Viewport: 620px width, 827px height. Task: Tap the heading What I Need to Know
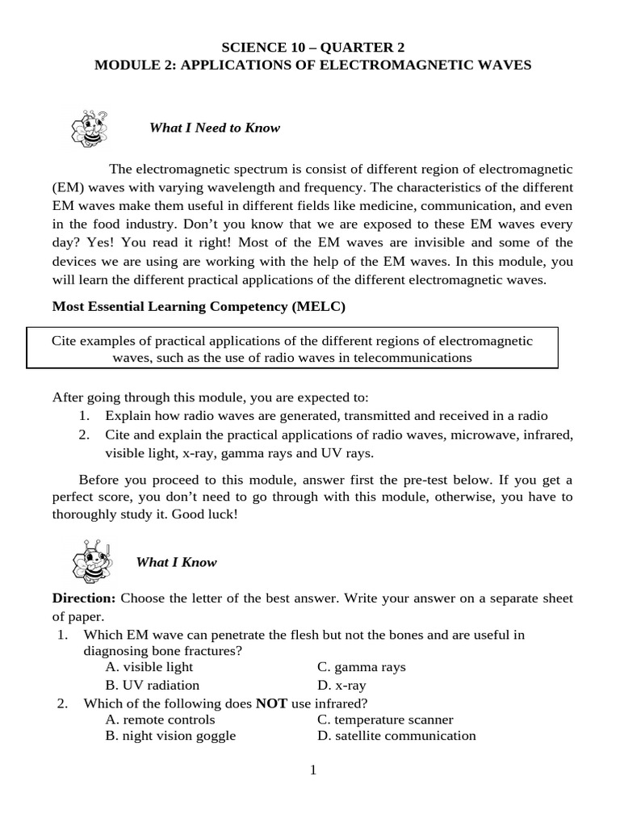pyautogui.click(x=215, y=128)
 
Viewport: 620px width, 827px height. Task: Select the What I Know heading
pyautogui.click(x=177, y=562)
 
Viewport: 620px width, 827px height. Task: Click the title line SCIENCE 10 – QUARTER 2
pyautogui.click(x=312, y=47)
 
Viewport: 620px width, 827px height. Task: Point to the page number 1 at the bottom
pyautogui.click(x=313, y=770)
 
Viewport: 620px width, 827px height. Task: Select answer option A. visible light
pyautogui.click(x=149, y=667)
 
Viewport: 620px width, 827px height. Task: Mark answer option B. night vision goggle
pyautogui.click(x=170, y=736)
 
